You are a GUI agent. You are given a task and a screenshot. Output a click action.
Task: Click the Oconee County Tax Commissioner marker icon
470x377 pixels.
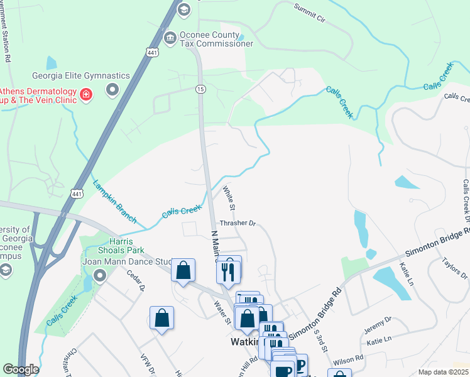click(170, 39)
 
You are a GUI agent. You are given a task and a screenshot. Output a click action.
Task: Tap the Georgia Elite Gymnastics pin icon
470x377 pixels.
click(113, 90)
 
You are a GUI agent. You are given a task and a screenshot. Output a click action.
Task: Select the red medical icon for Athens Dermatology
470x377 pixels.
click(86, 95)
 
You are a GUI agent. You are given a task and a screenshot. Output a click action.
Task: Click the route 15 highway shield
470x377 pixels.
click(200, 89)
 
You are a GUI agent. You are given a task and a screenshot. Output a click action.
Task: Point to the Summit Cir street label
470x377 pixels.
click(310, 13)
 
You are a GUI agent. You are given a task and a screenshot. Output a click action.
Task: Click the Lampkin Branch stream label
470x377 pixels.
click(114, 202)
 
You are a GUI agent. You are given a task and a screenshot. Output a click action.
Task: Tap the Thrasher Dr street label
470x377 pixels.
click(238, 223)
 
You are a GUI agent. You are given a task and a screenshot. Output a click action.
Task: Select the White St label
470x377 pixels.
click(229, 197)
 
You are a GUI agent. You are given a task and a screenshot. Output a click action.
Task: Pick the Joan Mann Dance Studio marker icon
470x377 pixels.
click(100, 275)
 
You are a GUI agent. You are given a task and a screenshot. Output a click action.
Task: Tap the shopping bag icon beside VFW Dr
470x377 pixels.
click(162, 318)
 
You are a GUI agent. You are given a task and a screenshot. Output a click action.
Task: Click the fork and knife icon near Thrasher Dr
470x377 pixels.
click(227, 271)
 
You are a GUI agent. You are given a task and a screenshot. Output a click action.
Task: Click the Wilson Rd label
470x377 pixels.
click(349, 360)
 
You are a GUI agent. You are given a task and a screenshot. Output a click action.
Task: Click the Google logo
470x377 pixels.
click(20, 369)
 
